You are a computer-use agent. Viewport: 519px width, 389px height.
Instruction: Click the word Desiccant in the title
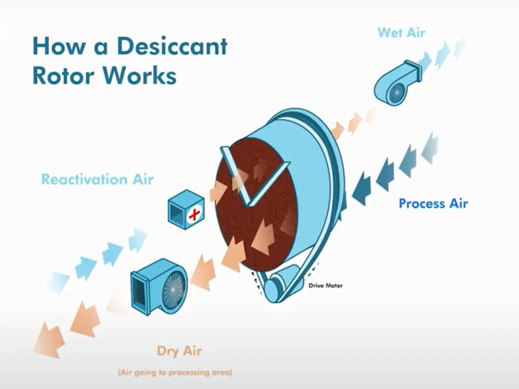tap(172, 47)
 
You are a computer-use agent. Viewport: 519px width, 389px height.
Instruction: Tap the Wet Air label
tap(401, 33)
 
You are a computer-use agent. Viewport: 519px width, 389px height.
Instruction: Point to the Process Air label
tap(433, 204)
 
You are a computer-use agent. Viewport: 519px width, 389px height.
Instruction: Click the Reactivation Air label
tap(97, 179)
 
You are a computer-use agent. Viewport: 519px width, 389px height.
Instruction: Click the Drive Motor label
tap(325, 286)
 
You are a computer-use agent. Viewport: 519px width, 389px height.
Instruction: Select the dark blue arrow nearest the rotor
tap(361, 188)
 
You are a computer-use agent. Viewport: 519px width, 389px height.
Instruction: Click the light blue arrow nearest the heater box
tap(138, 239)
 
